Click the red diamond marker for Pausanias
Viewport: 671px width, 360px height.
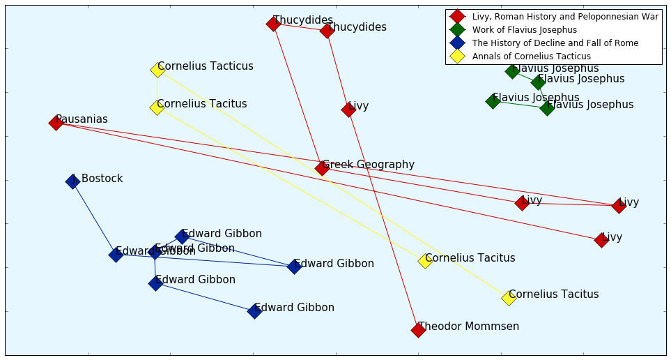56,123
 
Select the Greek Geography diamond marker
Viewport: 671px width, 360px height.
321,167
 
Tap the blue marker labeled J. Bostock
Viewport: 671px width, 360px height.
72,181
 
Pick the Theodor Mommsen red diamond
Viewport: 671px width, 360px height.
418,329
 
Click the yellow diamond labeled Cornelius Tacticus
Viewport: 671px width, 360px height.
157,69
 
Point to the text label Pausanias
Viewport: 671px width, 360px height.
82,119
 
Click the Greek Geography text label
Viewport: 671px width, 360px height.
369,165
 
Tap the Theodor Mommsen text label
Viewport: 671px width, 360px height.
468,326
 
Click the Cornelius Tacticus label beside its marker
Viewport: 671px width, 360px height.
206,66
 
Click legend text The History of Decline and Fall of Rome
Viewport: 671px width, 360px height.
555,43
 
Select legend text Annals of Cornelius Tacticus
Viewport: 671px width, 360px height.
531,57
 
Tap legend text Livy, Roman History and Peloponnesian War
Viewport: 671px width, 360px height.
565,17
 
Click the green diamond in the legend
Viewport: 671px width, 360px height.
457,29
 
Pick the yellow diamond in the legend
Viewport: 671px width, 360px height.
457,56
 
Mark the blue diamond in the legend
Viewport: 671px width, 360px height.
457,43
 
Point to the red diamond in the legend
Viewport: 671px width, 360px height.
457,16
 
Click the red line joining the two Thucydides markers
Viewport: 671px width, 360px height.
300,27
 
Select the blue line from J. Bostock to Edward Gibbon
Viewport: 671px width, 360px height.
94,218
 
